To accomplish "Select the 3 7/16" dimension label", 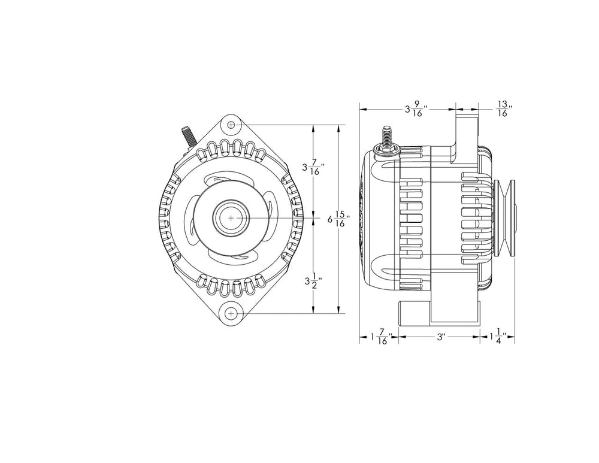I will click(x=313, y=168).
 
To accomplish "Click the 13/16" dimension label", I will click(x=503, y=110).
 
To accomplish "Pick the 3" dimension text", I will click(x=440, y=337).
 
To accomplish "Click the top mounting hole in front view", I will click(x=232, y=125).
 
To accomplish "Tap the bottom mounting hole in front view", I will click(x=232, y=313).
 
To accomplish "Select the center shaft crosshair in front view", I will click(x=232, y=219).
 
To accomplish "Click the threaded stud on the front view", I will click(x=186, y=135).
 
